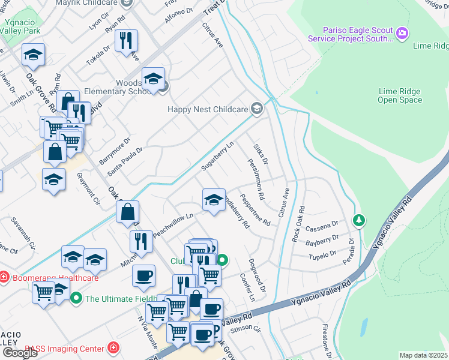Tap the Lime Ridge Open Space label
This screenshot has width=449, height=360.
[400, 95]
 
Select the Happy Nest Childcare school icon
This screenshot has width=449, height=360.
[257, 108]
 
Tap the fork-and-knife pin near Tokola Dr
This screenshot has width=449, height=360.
[126, 41]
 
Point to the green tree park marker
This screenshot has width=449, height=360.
[359, 221]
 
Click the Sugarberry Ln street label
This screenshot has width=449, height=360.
[217, 157]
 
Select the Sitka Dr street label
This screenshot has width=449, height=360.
[260, 155]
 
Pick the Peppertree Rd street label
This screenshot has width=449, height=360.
[255, 209]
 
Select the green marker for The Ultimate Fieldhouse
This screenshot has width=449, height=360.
[76, 298]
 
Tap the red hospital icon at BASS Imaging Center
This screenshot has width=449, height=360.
[113, 347]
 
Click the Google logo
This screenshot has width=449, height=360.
[20, 353]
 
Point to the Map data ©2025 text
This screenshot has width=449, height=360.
[423, 355]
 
